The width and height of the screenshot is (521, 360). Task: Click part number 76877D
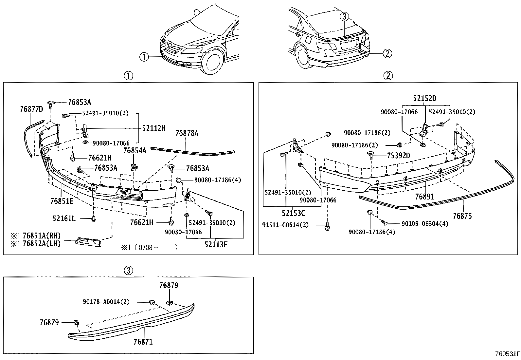tap(31, 109)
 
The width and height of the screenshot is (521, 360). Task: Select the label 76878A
tap(187, 133)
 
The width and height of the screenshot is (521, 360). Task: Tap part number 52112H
tap(154, 128)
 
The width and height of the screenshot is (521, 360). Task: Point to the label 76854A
tap(135, 150)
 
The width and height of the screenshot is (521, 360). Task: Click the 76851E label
tap(62, 201)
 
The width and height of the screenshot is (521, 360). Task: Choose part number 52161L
tap(64, 218)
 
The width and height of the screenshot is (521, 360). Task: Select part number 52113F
tap(216, 244)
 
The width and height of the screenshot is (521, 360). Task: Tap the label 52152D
tap(424, 99)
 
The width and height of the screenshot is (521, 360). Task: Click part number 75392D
tap(398, 156)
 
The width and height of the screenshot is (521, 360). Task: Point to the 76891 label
tap(424, 197)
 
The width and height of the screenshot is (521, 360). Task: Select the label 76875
tap(462, 216)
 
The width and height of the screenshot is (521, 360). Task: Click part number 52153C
tap(294, 213)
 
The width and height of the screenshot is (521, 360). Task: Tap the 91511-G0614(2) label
tap(285, 225)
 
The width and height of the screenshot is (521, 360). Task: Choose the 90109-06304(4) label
tap(425, 223)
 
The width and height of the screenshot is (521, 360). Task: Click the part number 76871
tap(143, 342)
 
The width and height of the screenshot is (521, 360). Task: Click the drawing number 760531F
tap(507, 354)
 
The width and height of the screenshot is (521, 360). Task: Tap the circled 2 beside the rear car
tap(387, 53)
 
